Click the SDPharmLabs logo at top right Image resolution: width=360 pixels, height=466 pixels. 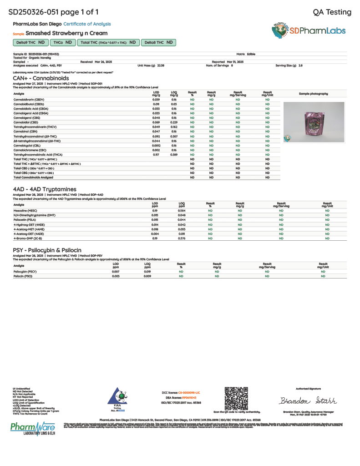coord(309,30)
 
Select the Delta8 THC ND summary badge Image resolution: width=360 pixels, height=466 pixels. coord(158,42)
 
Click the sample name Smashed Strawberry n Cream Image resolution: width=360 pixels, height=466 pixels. coord(66,33)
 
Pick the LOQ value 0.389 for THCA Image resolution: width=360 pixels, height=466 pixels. coord(174,155)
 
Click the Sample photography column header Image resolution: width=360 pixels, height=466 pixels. coord(313,94)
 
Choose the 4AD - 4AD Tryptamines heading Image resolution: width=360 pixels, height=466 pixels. coord(45,189)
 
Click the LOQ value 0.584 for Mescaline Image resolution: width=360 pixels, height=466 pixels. coord(182,211)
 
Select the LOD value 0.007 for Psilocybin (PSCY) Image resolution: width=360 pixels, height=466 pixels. coord(116,271)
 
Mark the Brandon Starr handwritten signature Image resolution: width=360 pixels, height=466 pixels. coord(308,401)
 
